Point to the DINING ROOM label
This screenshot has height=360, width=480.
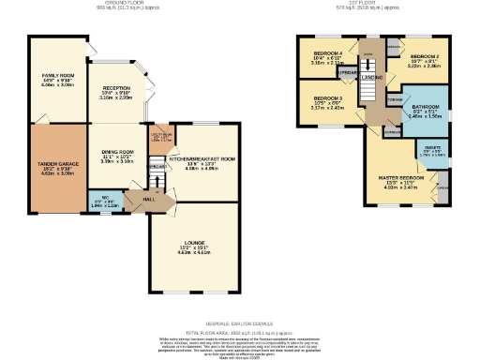pyautogui.click(x=118, y=153)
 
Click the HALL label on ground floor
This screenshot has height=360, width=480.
pyautogui.click(x=148, y=199)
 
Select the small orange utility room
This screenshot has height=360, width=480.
pyautogui.click(x=160, y=138)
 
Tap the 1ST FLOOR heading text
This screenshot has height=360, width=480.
pyautogui.click(x=369, y=3)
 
